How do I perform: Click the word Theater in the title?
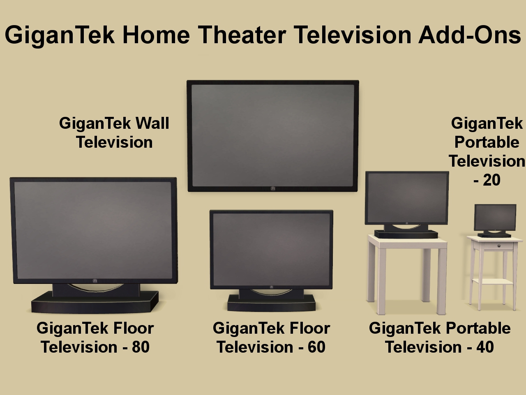[x=242, y=35]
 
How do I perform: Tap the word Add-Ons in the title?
[x=470, y=35]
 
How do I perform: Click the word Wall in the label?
[x=152, y=123]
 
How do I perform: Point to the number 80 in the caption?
[x=141, y=347]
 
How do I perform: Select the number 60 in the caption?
[x=316, y=347]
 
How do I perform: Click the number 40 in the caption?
[x=485, y=347]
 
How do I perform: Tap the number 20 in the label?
[x=492, y=180]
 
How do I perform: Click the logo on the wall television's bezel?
[x=273, y=189]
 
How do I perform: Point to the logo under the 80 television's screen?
[x=95, y=281]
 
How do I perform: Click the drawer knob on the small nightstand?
[x=499, y=246]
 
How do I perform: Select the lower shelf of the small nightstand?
[x=494, y=281]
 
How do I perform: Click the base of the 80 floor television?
[x=95, y=302]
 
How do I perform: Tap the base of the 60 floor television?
[x=271, y=303]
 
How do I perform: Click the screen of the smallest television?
[x=495, y=218]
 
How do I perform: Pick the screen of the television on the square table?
[x=407, y=198]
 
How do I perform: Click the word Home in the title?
[x=156, y=35]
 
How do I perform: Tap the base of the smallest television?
[x=494, y=235]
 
